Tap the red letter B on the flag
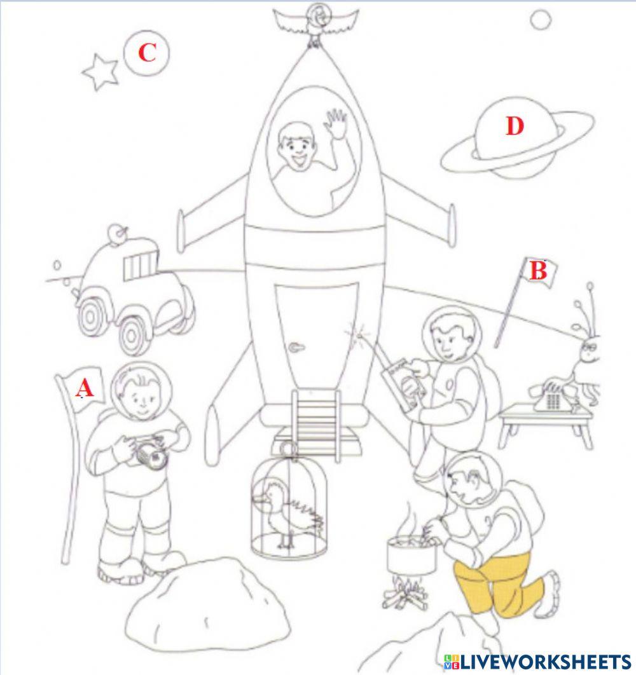click(538, 271)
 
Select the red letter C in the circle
click(147, 53)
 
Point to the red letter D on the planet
click(514, 126)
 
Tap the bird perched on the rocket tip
click(314, 23)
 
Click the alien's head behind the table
click(589, 351)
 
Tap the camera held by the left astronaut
click(153, 454)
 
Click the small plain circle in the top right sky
click(540, 20)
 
